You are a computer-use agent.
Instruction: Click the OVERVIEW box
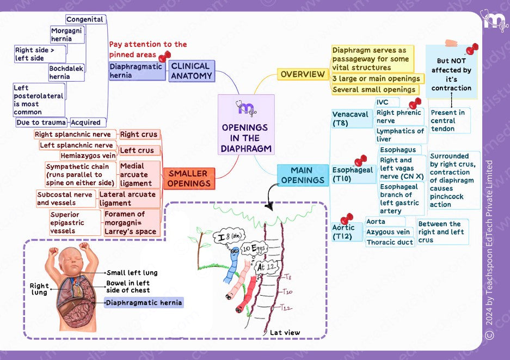coord(302,74)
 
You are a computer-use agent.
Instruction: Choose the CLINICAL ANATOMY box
coord(191,71)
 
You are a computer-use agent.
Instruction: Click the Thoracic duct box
coord(390,242)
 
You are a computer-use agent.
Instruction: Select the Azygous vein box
coord(388,232)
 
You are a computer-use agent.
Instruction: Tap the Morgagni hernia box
coord(67,35)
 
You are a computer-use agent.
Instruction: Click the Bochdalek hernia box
coord(66,73)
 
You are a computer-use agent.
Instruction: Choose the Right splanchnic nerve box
coord(73,135)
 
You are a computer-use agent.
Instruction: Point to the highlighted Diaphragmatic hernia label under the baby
coord(144,303)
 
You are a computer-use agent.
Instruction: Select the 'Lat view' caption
coord(285,332)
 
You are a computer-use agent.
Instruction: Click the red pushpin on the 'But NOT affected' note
coord(471,49)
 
